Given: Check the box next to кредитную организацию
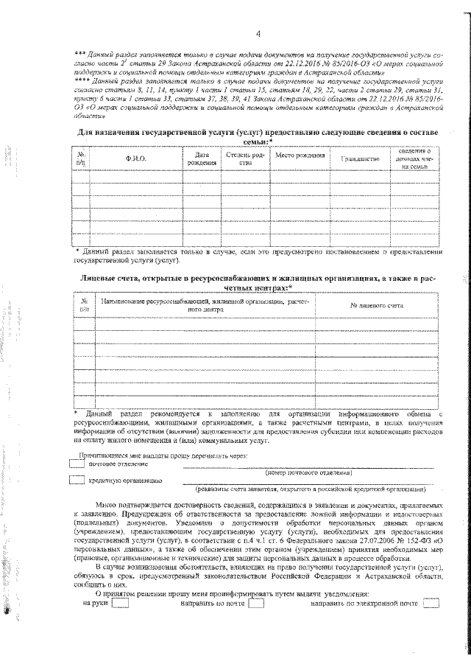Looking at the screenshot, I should tap(76, 481).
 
